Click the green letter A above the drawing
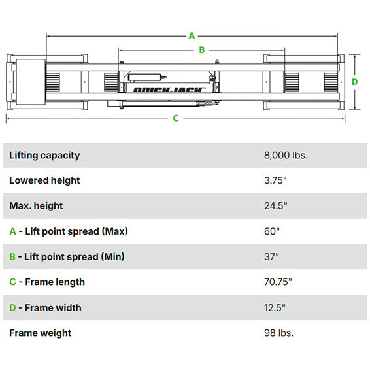tap(192, 36)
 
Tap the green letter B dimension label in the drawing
tap(202, 50)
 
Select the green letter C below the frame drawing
tap(175, 118)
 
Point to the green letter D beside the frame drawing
tap(354, 82)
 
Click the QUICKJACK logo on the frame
tap(168, 90)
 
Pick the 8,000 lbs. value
tap(286, 156)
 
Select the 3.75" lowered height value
tap(275, 180)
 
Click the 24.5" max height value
tap(276, 206)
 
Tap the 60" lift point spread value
tap(272, 231)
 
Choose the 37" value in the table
tap(271, 256)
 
